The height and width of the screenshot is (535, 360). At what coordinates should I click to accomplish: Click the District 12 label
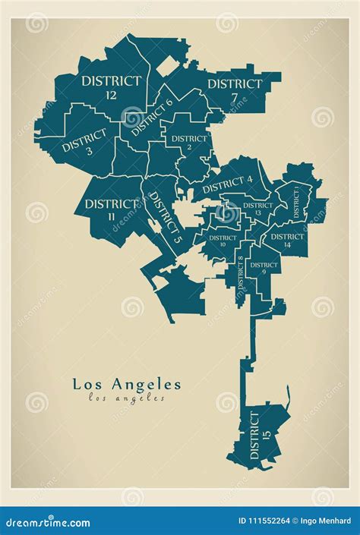click(x=112, y=87)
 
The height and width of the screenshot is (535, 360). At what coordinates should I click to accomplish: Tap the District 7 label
click(x=235, y=90)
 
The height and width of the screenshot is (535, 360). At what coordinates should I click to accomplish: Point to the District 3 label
click(x=86, y=142)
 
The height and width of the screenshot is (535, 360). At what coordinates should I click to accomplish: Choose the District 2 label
click(x=189, y=143)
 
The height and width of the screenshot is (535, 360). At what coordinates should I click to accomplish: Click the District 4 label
click(x=228, y=184)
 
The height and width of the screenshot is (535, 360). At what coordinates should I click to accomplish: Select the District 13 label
click(x=257, y=209)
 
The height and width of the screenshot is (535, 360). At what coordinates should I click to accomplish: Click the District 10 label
click(x=223, y=241)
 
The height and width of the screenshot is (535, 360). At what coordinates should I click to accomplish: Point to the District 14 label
click(x=286, y=240)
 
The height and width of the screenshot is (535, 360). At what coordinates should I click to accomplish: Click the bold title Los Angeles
click(x=127, y=384)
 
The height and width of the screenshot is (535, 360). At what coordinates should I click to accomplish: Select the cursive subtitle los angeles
click(x=127, y=398)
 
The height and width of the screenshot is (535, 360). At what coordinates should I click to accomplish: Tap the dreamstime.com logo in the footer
click(x=47, y=521)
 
